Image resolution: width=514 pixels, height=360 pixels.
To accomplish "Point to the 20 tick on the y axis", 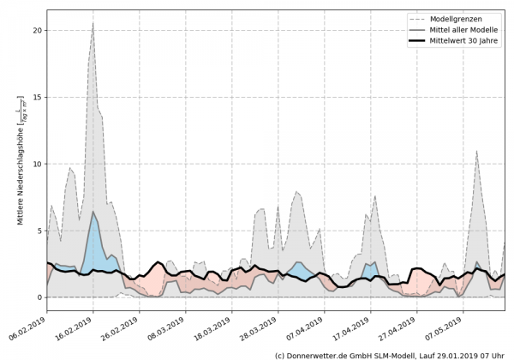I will coord(37,30).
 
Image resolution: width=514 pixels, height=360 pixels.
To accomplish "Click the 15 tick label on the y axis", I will coord(37,97).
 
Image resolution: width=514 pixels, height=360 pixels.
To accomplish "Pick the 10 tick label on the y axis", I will coord(37,164).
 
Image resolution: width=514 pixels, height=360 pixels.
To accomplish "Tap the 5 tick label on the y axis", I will coord(39,231).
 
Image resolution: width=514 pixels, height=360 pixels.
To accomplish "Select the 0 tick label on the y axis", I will coord(39,297).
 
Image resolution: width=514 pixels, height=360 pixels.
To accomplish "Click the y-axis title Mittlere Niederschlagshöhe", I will coord(21,163).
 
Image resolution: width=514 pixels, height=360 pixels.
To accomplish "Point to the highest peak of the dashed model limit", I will coord(93,23).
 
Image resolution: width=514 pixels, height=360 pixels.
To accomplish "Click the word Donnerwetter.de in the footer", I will coord(320,354).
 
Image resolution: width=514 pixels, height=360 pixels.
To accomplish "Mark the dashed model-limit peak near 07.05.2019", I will coord(477,152).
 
